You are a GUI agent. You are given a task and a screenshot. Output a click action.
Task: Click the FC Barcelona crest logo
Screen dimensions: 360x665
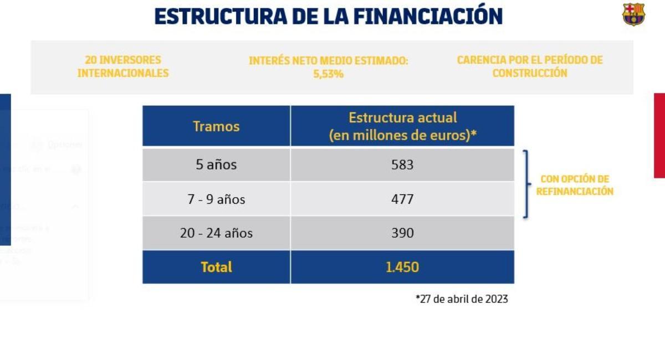[633, 14]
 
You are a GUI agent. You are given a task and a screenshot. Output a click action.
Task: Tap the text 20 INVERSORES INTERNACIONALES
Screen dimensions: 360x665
[123, 66]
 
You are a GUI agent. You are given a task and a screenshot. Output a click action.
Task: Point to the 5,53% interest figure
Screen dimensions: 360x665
[328, 74]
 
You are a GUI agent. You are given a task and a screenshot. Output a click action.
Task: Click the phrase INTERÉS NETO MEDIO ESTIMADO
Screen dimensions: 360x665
[328, 60]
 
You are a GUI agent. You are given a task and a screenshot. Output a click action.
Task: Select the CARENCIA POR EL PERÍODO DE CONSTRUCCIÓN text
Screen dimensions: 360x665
[529, 66]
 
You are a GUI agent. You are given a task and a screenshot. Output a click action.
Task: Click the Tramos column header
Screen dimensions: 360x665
[216, 126]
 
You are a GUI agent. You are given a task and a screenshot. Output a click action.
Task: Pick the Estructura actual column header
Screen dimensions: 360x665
[402, 126]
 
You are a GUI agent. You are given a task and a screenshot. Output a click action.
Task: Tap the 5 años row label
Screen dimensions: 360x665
[216, 164]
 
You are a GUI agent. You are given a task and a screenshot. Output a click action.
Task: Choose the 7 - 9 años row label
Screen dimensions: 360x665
[216, 199]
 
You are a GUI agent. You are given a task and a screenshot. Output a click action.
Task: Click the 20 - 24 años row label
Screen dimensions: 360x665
[216, 233]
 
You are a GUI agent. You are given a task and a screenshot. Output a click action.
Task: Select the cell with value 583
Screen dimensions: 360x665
[402, 164]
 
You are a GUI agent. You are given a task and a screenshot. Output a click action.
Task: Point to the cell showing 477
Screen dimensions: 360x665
[402, 199]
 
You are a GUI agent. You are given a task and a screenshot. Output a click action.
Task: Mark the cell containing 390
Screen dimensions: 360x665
[402, 233]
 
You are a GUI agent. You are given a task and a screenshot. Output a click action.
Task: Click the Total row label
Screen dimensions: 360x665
[216, 267]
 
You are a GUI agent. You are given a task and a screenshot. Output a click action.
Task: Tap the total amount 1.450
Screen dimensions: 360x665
[402, 267]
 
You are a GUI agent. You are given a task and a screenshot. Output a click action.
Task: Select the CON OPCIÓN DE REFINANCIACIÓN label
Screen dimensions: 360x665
[575, 185]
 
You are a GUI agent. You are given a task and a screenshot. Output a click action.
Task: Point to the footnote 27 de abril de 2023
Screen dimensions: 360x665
[462, 299]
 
